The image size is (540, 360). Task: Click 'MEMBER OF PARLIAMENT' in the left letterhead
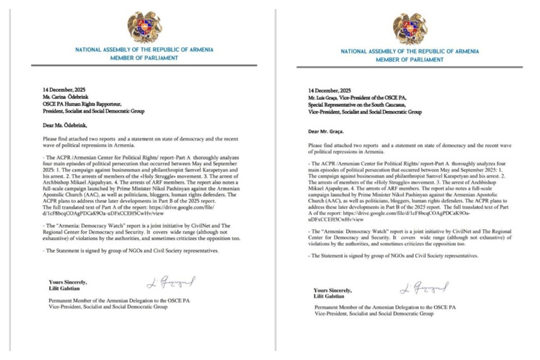pos(144,58)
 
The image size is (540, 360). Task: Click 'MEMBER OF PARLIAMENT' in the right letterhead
pos(410,60)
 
